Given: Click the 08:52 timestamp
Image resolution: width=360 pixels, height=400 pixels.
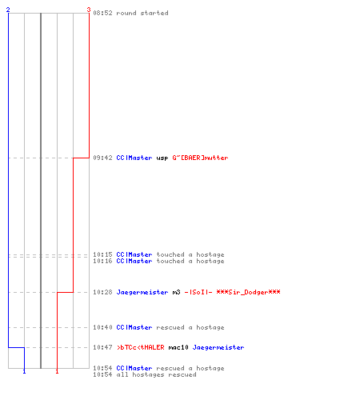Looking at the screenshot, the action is pyautogui.click(x=102, y=13).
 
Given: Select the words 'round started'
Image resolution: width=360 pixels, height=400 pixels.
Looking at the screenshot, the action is pyautogui.click(x=142, y=13).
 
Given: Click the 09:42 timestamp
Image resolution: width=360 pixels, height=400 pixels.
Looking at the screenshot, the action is pyautogui.click(x=102, y=158).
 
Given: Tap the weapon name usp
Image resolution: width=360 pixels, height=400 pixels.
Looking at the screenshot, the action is pyautogui.click(x=162, y=158).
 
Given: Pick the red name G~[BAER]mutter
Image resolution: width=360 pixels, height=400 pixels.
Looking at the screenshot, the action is pyautogui.click(x=200, y=158).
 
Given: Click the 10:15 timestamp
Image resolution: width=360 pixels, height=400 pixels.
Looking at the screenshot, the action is pyautogui.click(x=102, y=254).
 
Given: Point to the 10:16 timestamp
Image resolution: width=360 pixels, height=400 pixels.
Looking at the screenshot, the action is pyautogui.click(x=102, y=261).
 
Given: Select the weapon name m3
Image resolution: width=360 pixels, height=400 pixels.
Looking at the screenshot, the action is pyautogui.click(x=176, y=292).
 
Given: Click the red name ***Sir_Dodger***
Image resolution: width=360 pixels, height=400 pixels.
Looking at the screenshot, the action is pyautogui.click(x=248, y=292).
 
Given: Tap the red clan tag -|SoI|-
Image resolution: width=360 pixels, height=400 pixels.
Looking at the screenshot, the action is pyautogui.click(x=198, y=292).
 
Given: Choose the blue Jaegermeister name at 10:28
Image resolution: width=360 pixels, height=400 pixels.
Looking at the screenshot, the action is pyautogui.click(x=142, y=292).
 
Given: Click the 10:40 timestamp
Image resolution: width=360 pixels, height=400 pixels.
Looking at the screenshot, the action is pyautogui.click(x=102, y=327).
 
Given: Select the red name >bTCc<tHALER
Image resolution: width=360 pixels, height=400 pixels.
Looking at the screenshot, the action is pyautogui.click(x=141, y=347).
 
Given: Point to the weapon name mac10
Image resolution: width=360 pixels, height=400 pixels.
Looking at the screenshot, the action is pyautogui.click(x=178, y=347).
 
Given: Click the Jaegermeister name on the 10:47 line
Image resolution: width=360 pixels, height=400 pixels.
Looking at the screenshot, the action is pyautogui.click(x=218, y=347).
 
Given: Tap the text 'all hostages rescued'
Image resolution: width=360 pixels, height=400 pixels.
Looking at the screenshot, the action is pyautogui.click(x=156, y=374).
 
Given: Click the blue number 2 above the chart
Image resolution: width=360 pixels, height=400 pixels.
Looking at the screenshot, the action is pyautogui.click(x=8, y=10).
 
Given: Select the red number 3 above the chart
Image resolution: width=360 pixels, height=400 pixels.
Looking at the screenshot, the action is pyautogui.click(x=89, y=10).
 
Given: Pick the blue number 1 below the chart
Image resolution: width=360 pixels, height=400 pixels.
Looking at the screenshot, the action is pyautogui.click(x=24, y=371).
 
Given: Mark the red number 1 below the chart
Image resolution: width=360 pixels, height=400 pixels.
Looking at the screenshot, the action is pyautogui.click(x=57, y=371).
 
